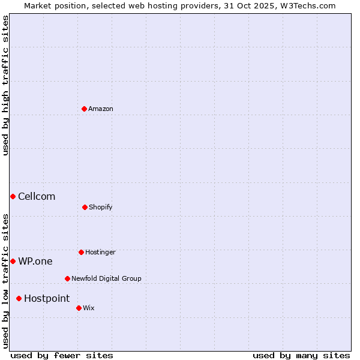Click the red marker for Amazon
point(84,109)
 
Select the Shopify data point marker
point(85,207)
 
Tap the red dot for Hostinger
point(81,252)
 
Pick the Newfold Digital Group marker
point(67,278)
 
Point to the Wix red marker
point(79,308)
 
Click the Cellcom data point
point(13,196)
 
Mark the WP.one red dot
point(13,261)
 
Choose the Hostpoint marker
point(19,298)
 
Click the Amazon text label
point(101,109)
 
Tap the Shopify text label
point(101,207)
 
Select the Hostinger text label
point(100,252)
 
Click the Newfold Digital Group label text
point(106,278)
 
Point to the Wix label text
point(89,308)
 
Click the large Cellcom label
point(37,196)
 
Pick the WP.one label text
point(35,261)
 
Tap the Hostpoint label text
point(47,298)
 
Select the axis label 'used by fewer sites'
point(62,355)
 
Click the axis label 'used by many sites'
point(301,355)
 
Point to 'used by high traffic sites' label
point(5,85)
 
